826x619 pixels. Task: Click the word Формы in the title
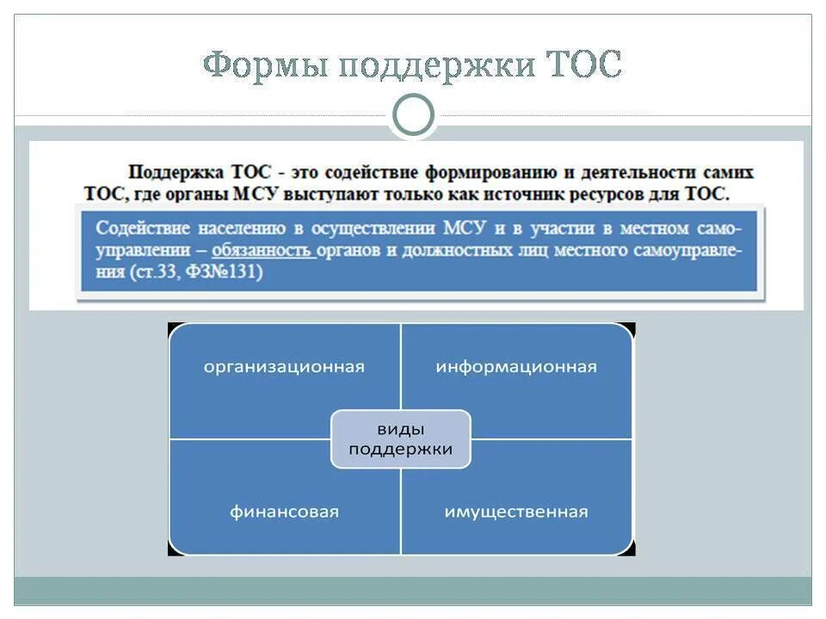pos(263,64)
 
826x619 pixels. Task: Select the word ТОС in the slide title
pos(583,64)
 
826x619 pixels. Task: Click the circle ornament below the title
pos(413,115)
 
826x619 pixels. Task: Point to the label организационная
pos(284,366)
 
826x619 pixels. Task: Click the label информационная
pos(516,366)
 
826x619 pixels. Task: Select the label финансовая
pos(284,512)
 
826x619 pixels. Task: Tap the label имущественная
pos(516,512)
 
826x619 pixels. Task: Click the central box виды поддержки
pos(401,439)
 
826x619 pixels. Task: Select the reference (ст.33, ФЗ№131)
pos(198,273)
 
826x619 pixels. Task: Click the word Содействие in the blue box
pos(137,229)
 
